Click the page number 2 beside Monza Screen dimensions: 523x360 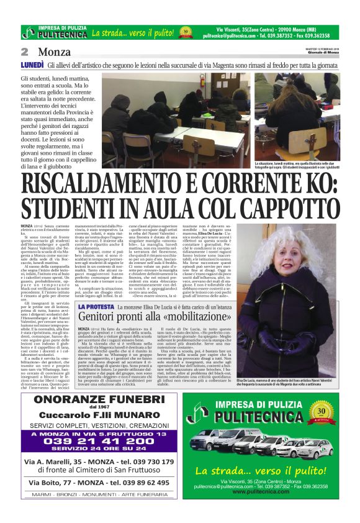click(x=25, y=52)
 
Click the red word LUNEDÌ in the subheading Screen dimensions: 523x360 click(x=32, y=64)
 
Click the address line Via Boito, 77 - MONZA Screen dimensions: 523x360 click(x=99, y=483)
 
